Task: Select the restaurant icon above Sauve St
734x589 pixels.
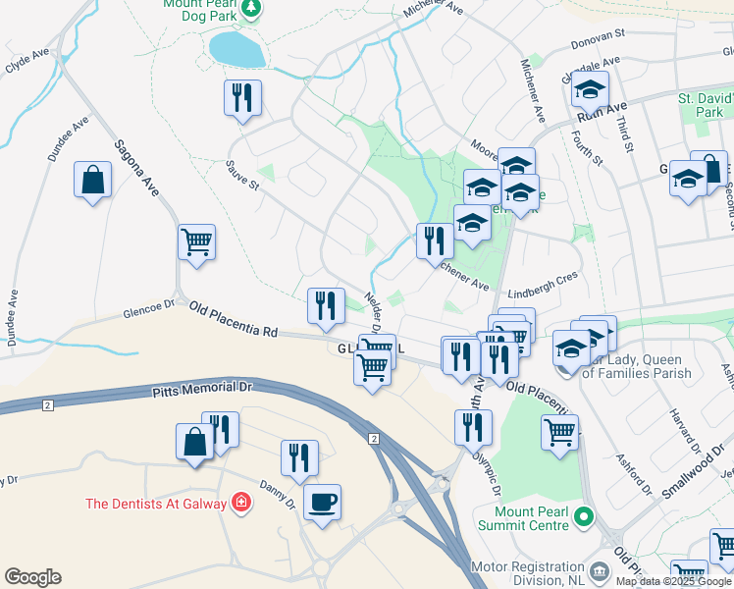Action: (x=241, y=98)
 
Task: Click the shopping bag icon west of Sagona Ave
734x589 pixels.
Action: (x=92, y=181)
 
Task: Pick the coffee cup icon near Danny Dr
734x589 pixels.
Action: (x=322, y=503)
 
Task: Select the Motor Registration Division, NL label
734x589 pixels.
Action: (x=527, y=573)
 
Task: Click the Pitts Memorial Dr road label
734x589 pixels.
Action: (x=202, y=390)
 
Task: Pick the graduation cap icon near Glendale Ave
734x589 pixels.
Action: (x=590, y=89)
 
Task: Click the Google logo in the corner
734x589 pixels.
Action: (x=32, y=577)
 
